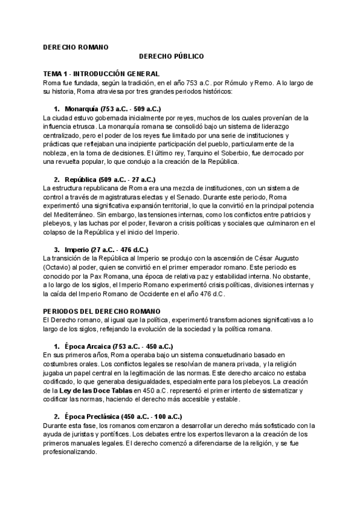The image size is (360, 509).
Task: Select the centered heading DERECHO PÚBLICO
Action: coord(172,56)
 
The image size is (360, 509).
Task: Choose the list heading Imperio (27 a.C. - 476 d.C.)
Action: coord(102,249)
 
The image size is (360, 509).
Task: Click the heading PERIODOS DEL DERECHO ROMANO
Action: coord(102,311)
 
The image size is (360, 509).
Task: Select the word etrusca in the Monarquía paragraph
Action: coord(83,127)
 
